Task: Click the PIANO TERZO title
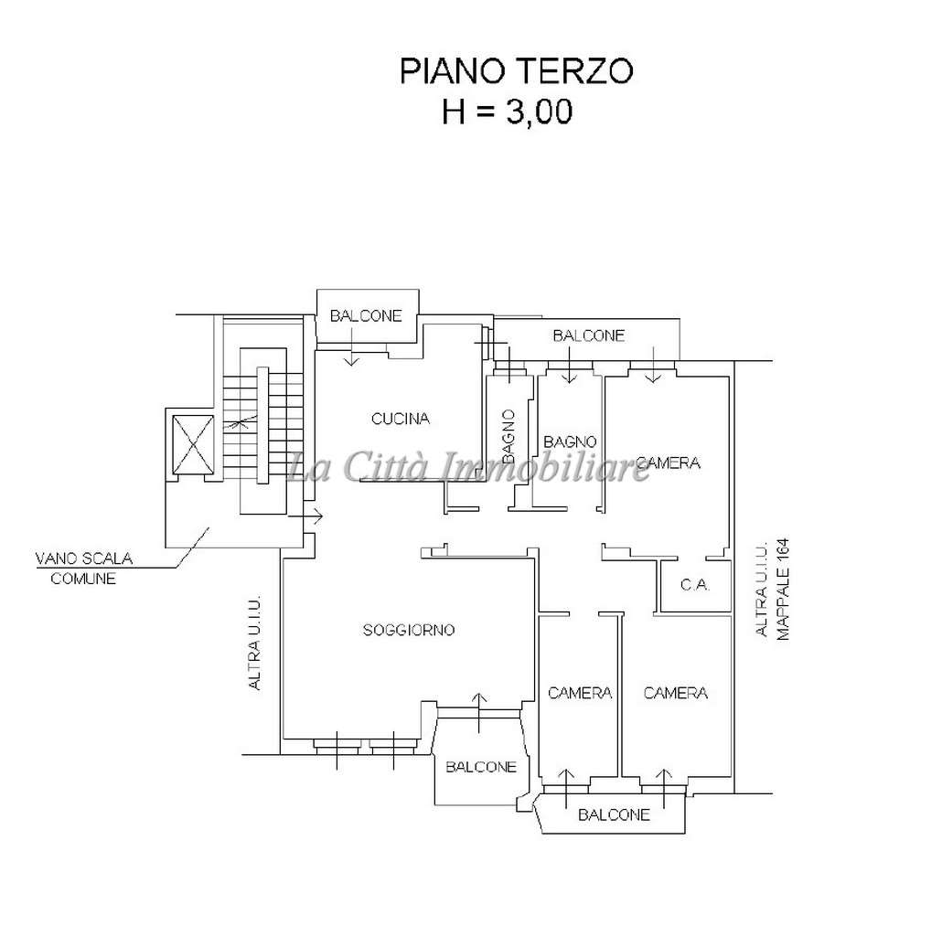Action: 516,71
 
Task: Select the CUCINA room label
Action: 401,420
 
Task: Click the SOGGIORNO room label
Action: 409,630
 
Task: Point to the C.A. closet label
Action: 696,584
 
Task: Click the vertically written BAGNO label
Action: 508,434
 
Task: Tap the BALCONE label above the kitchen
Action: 366,316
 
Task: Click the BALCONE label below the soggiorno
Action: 481,767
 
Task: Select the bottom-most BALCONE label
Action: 615,814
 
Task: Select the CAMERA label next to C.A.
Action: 668,463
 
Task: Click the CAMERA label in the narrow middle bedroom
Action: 580,693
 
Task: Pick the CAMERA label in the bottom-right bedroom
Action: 676,693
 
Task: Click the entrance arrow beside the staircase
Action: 312,518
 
